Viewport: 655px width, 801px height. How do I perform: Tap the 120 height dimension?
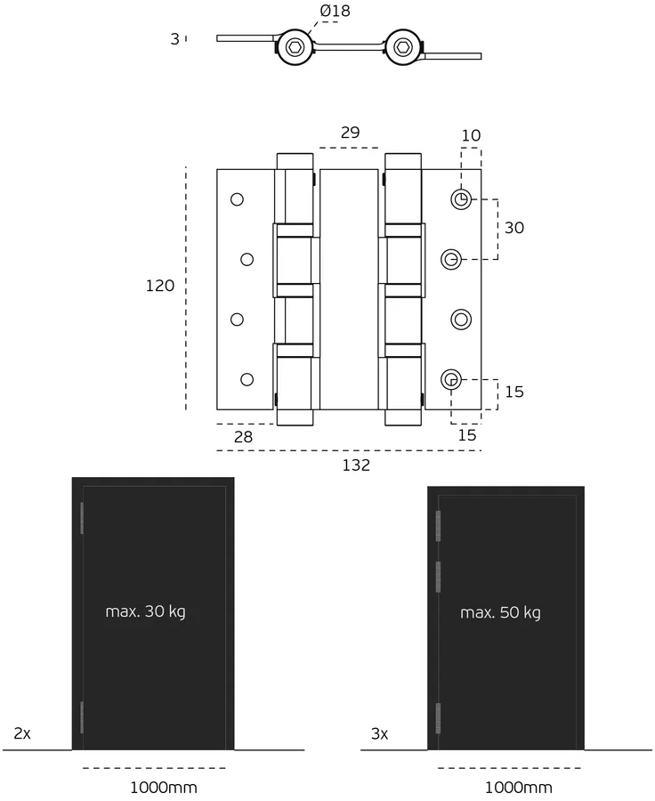(160, 287)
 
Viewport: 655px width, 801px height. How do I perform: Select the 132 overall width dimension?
(355, 465)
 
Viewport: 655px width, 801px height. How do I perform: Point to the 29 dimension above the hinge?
(350, 133)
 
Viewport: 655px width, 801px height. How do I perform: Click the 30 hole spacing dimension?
(514, 228)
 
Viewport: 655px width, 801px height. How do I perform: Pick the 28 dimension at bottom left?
(244, 437)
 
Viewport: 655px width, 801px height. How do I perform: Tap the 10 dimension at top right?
(471, 135)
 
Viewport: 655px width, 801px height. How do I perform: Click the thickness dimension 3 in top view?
(175, 38)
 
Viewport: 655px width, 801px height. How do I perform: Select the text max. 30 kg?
(145, 611)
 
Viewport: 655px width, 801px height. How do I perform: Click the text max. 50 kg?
(500, 612)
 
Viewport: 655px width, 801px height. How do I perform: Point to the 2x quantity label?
(22, 734)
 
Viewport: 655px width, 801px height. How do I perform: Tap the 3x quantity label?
(379, 734)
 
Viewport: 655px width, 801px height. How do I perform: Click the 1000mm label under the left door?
(164, 788)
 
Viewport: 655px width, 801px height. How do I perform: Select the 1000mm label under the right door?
(518, 788)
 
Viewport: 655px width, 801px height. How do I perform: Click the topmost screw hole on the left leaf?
(237, 199)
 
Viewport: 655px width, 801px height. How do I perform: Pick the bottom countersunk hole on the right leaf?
(452, 380)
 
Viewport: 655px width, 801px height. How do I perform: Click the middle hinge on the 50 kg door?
(438, 576)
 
